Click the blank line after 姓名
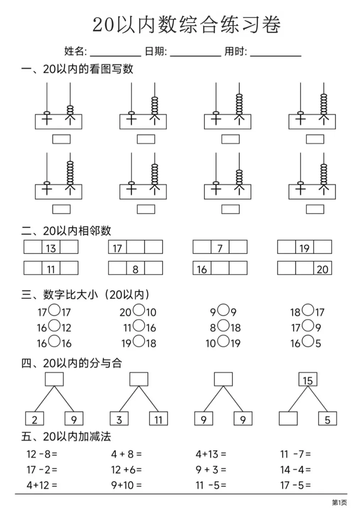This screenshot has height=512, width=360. click(116, 56)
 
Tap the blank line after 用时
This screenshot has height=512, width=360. click(276, 56)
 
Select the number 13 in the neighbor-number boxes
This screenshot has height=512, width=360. click(51, 248)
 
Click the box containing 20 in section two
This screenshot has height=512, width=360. click(322, 268)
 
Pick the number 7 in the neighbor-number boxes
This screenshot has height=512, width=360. click(220, 248)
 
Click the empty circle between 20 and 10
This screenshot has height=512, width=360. click(139, 310)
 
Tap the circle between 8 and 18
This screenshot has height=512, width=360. click(224, 326)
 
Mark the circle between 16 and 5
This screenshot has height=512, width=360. click(308, 341)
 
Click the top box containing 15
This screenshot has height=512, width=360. click(308, 379)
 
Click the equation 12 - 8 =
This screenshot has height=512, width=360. click(42, 454)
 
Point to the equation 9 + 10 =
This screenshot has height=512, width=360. click(126, 485)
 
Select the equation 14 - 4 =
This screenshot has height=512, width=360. click(295, 470)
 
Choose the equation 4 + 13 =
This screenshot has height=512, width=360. click(211, 454)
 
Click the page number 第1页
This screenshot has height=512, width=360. click(339, 502)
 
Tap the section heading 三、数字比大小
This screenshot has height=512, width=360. click(60, 295)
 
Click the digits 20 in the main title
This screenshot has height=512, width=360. click(103, 25)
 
